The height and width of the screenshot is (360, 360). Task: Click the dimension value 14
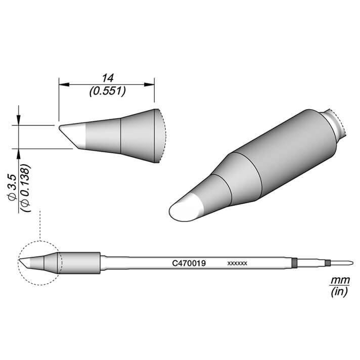tap(108, 78)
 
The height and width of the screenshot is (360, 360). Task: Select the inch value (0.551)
tap(108, 92)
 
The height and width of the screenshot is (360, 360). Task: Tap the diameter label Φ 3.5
tap(12, 188)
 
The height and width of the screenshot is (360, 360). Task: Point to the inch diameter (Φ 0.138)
tap(25, 188)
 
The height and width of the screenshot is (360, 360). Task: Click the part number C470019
tap(189, 263)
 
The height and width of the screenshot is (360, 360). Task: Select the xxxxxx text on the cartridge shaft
tap(237, 263)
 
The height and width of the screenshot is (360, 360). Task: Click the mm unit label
tap(340, 280)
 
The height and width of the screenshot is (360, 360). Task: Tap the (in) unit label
tap(339, 292)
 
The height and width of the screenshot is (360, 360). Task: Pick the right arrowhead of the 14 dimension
tap(149, 84)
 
